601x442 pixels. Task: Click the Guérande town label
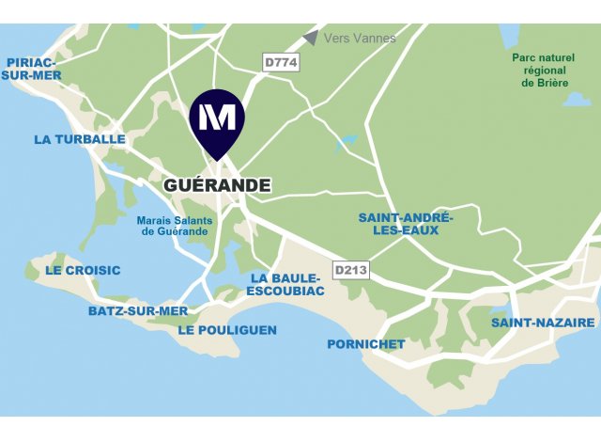217,185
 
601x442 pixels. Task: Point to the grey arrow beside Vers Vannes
310,38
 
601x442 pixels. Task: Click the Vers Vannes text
359,39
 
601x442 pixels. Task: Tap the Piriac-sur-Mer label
31,70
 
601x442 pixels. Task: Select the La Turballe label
80,139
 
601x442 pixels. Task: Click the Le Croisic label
83,270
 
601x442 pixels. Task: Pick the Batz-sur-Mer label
138,310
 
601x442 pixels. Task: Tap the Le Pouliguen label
227,330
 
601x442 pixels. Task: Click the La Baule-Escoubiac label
285,285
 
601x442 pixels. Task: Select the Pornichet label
366,344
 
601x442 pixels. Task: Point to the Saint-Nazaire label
543,323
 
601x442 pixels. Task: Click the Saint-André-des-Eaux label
406,225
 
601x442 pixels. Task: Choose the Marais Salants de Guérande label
175,227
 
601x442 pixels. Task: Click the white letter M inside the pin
217,117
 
